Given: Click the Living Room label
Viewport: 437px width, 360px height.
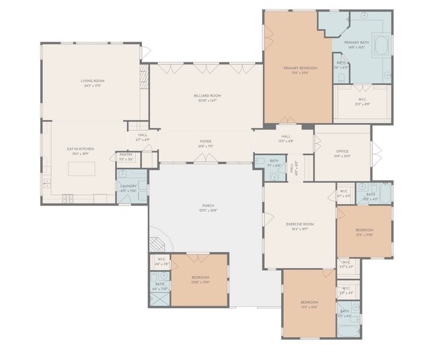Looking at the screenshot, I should pos(93,81).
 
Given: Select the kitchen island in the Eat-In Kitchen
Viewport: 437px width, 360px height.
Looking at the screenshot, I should pos(85,167).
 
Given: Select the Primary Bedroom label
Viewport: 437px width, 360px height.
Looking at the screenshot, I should pos(299,68).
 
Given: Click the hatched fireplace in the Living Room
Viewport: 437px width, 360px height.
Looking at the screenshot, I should pos(143,75).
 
